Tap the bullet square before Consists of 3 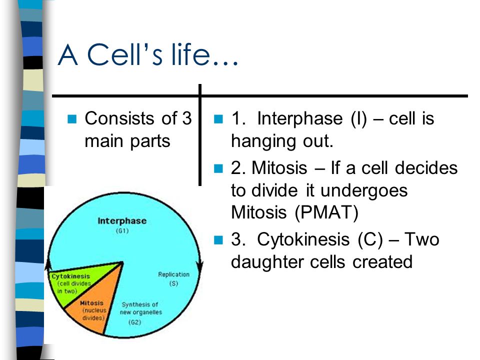tap(71, 119)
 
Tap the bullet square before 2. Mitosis tap(217, 168)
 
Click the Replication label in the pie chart tap(173, 274)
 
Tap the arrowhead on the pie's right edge tap(200, 263)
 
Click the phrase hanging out tap(281, 141)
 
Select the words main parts tap(127, 140)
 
